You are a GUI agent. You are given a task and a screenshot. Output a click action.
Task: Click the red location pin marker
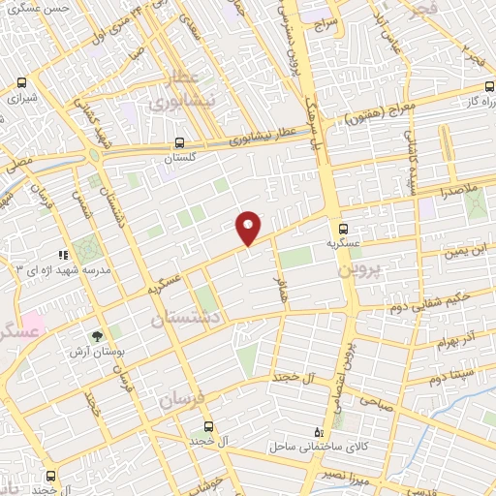tap(248, 227)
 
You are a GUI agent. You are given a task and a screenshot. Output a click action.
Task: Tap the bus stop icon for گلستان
tap(180, 139)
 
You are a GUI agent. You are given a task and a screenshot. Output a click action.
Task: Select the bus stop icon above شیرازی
tap(22, 83)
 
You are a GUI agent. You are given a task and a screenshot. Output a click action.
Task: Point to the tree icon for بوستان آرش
tap(97, 335)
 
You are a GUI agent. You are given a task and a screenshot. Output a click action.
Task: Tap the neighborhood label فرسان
tap(182, 398)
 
